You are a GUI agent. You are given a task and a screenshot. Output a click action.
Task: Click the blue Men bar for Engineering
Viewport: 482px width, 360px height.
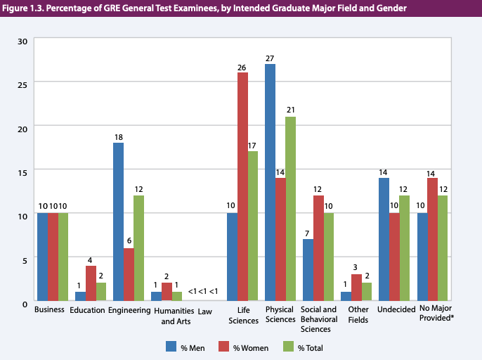click(118, 222)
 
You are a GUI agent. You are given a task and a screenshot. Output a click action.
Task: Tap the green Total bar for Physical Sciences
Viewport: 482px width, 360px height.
click(291, 209)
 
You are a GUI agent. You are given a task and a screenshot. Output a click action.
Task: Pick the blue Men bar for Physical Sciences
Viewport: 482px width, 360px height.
click(270, 183)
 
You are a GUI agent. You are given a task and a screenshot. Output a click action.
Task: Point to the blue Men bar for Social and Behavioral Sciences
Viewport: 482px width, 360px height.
click(308, 271)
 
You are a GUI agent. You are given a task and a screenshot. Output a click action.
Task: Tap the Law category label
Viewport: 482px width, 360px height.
click(204, 309)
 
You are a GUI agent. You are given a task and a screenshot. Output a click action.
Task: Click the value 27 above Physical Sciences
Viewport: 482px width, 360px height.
click(270, 58)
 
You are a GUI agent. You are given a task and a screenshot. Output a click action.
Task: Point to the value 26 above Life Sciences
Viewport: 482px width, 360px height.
click(242, 67)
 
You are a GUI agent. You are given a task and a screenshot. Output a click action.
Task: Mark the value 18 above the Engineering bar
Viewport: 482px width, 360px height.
click(118, 137)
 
